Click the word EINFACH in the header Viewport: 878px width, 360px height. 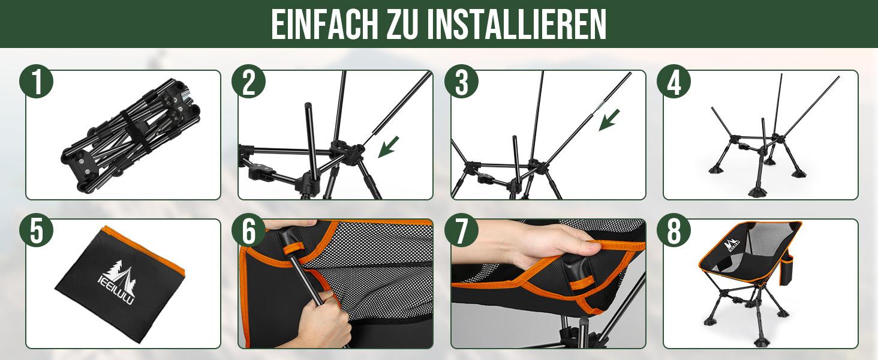pos(324,25)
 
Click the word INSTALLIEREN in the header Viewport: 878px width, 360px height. pos(517,25)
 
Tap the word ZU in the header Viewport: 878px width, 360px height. pos(402,25)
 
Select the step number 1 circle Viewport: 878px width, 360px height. pos(37,81)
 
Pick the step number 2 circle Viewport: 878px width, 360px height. pos(248,81)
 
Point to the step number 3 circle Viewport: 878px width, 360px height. pos(461,81)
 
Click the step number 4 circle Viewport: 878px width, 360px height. pos(673,81)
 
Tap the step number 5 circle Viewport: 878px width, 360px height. pos(37,230)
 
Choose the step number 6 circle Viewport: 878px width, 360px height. pos(248,230)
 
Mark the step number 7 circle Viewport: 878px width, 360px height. pos(461,230)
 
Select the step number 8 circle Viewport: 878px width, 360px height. pos(673,230)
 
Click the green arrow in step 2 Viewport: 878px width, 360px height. pos(388,147)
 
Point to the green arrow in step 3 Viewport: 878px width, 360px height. pos(609,120)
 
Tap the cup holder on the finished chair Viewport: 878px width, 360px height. pos(786,270)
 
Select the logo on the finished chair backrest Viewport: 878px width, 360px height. pos(732,244)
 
